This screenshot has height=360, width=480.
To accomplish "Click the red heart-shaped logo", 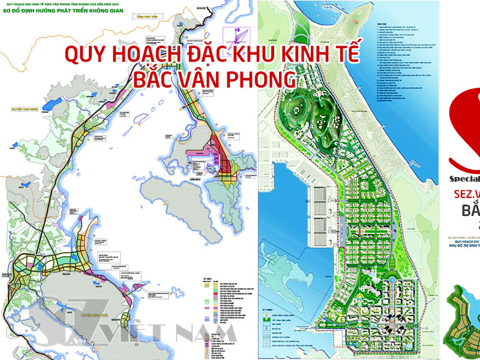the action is pos(466,129).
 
